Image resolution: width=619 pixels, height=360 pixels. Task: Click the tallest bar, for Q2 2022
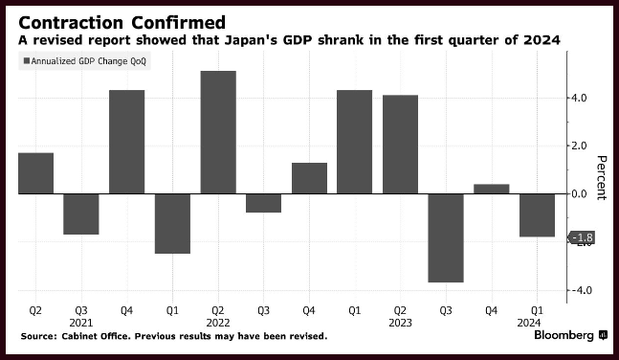pyautogui.click(x=218, y=132)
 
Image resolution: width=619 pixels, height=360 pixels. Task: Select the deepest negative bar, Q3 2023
pyautogui.click(x=446, y=237)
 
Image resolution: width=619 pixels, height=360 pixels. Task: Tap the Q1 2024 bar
pyautogui.click(x=537, y=215)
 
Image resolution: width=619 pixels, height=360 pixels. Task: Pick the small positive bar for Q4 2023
pyautogui.click(x=492, y=189)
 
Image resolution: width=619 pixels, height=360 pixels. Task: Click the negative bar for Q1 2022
pyautogui.click(x=172, y=224)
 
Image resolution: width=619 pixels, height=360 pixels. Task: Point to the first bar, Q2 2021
pyautogui.click(x=36, y=173)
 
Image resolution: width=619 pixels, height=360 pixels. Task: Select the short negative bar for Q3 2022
pyautogui.click(x=264, y=203)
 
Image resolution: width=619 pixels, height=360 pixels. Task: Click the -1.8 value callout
pyautogui.click(x=582, y=237)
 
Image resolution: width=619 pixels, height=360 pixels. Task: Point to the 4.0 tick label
pyautogui.click(x=578, y=98)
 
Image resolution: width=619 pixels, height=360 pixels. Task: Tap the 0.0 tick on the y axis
pyautogui.click(x=578, y=193)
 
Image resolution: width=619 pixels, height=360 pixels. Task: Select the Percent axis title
pyautogui.click(x=601, y=178)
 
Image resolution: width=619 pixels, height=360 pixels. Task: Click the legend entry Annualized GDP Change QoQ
pyautogui.click(x=85, y=61)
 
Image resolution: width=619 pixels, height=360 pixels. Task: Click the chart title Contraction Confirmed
pyautogui.click(x=122, y=23)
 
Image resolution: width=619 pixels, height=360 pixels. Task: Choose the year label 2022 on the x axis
pyautogui.click(x=218, y=323)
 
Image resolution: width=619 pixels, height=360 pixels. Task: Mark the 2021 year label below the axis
pyautogui.click(x=81, y=323)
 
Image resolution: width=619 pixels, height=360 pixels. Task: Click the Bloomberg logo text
pyautogui.click(x=564, y=335)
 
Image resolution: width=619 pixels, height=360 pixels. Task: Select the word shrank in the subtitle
pyautogui.click(x=341, y=40)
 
